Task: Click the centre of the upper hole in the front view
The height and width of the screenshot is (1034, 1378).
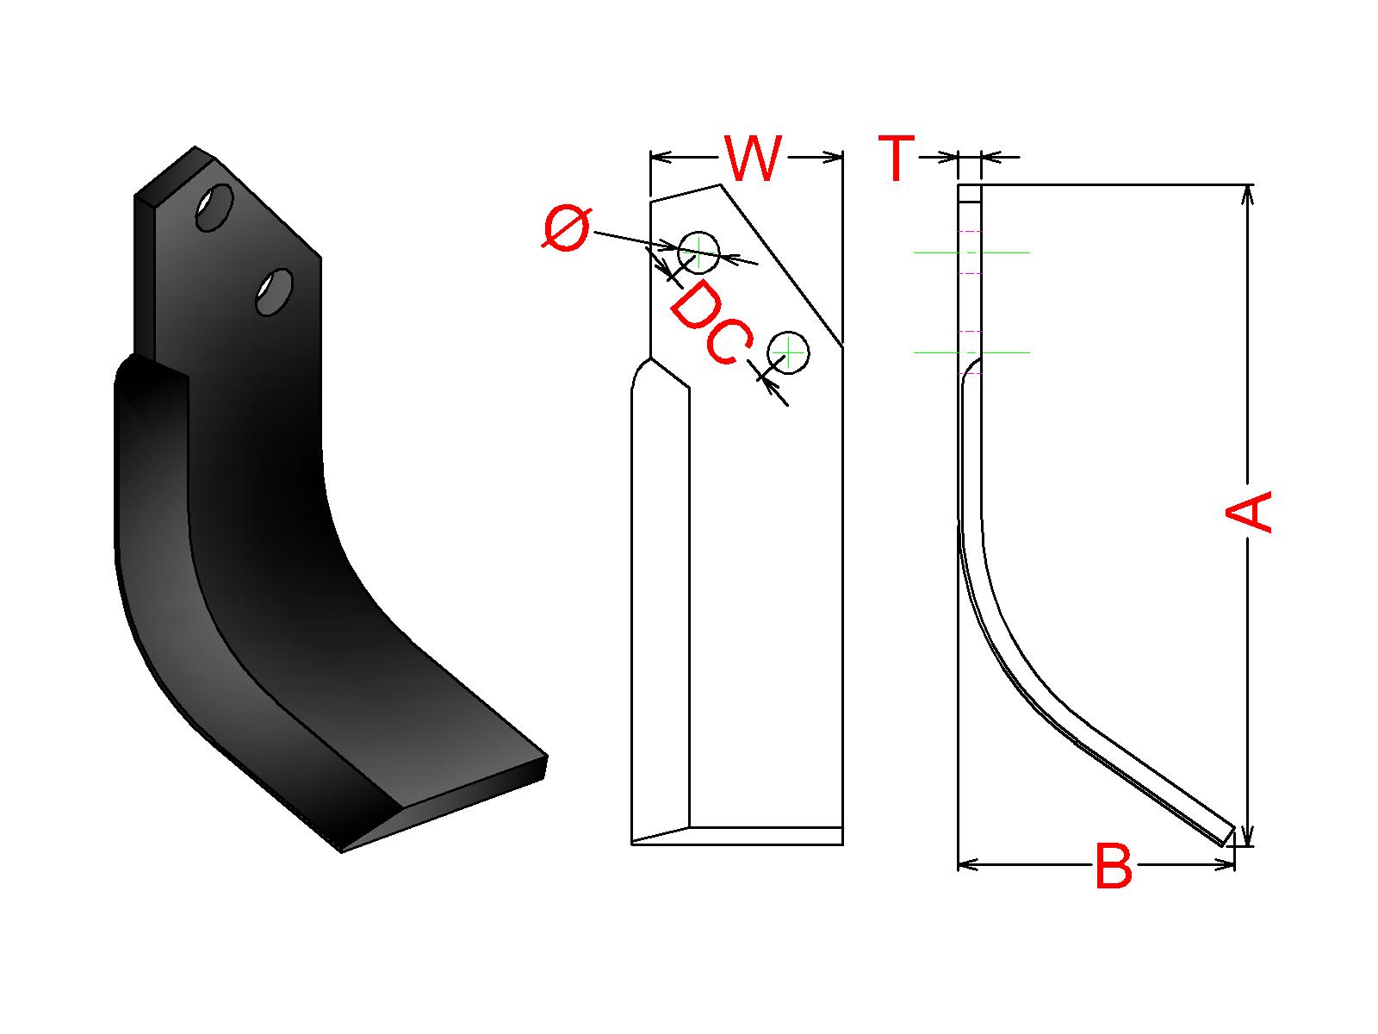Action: coord(698,252)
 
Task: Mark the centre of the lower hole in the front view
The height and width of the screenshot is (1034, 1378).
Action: coord(788,352)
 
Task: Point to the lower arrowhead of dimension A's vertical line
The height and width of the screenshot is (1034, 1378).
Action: coord(1248,836)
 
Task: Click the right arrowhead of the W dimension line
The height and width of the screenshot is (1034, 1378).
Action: coord(833,157)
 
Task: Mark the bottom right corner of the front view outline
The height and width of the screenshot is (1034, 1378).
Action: coord(842,844)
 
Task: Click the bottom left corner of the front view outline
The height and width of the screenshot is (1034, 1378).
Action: coord(631,844)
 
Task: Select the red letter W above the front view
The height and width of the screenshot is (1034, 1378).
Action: coord(753,158)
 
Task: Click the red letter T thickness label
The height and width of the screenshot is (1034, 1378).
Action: coord(896,158)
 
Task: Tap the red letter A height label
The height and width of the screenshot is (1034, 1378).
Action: coord(1249,513)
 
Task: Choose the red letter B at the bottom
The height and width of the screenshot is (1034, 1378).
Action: coord(1113,866)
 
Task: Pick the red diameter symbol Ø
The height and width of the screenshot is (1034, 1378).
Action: coord(566,227)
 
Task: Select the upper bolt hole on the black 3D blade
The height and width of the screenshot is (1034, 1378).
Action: coord(214,207)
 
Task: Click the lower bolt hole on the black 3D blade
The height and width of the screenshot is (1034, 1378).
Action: coord(275,293)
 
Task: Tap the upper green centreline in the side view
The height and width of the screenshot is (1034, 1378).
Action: coord(971,252)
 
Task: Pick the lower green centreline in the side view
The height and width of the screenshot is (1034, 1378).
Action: coord(971,352)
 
